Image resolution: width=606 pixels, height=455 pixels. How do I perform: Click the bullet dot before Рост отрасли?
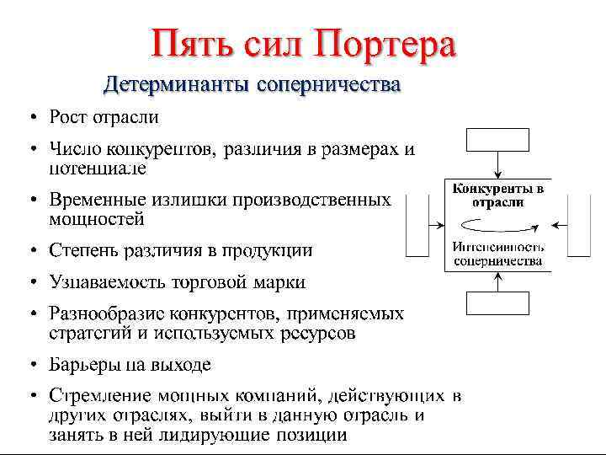pyautogui.click(x=30, y=115)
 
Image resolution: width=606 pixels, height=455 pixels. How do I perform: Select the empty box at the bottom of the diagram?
pyautogui.click(x=497, y=303)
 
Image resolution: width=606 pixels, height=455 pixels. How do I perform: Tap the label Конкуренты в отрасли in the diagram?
pyautogui.click(x=497, y=195)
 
